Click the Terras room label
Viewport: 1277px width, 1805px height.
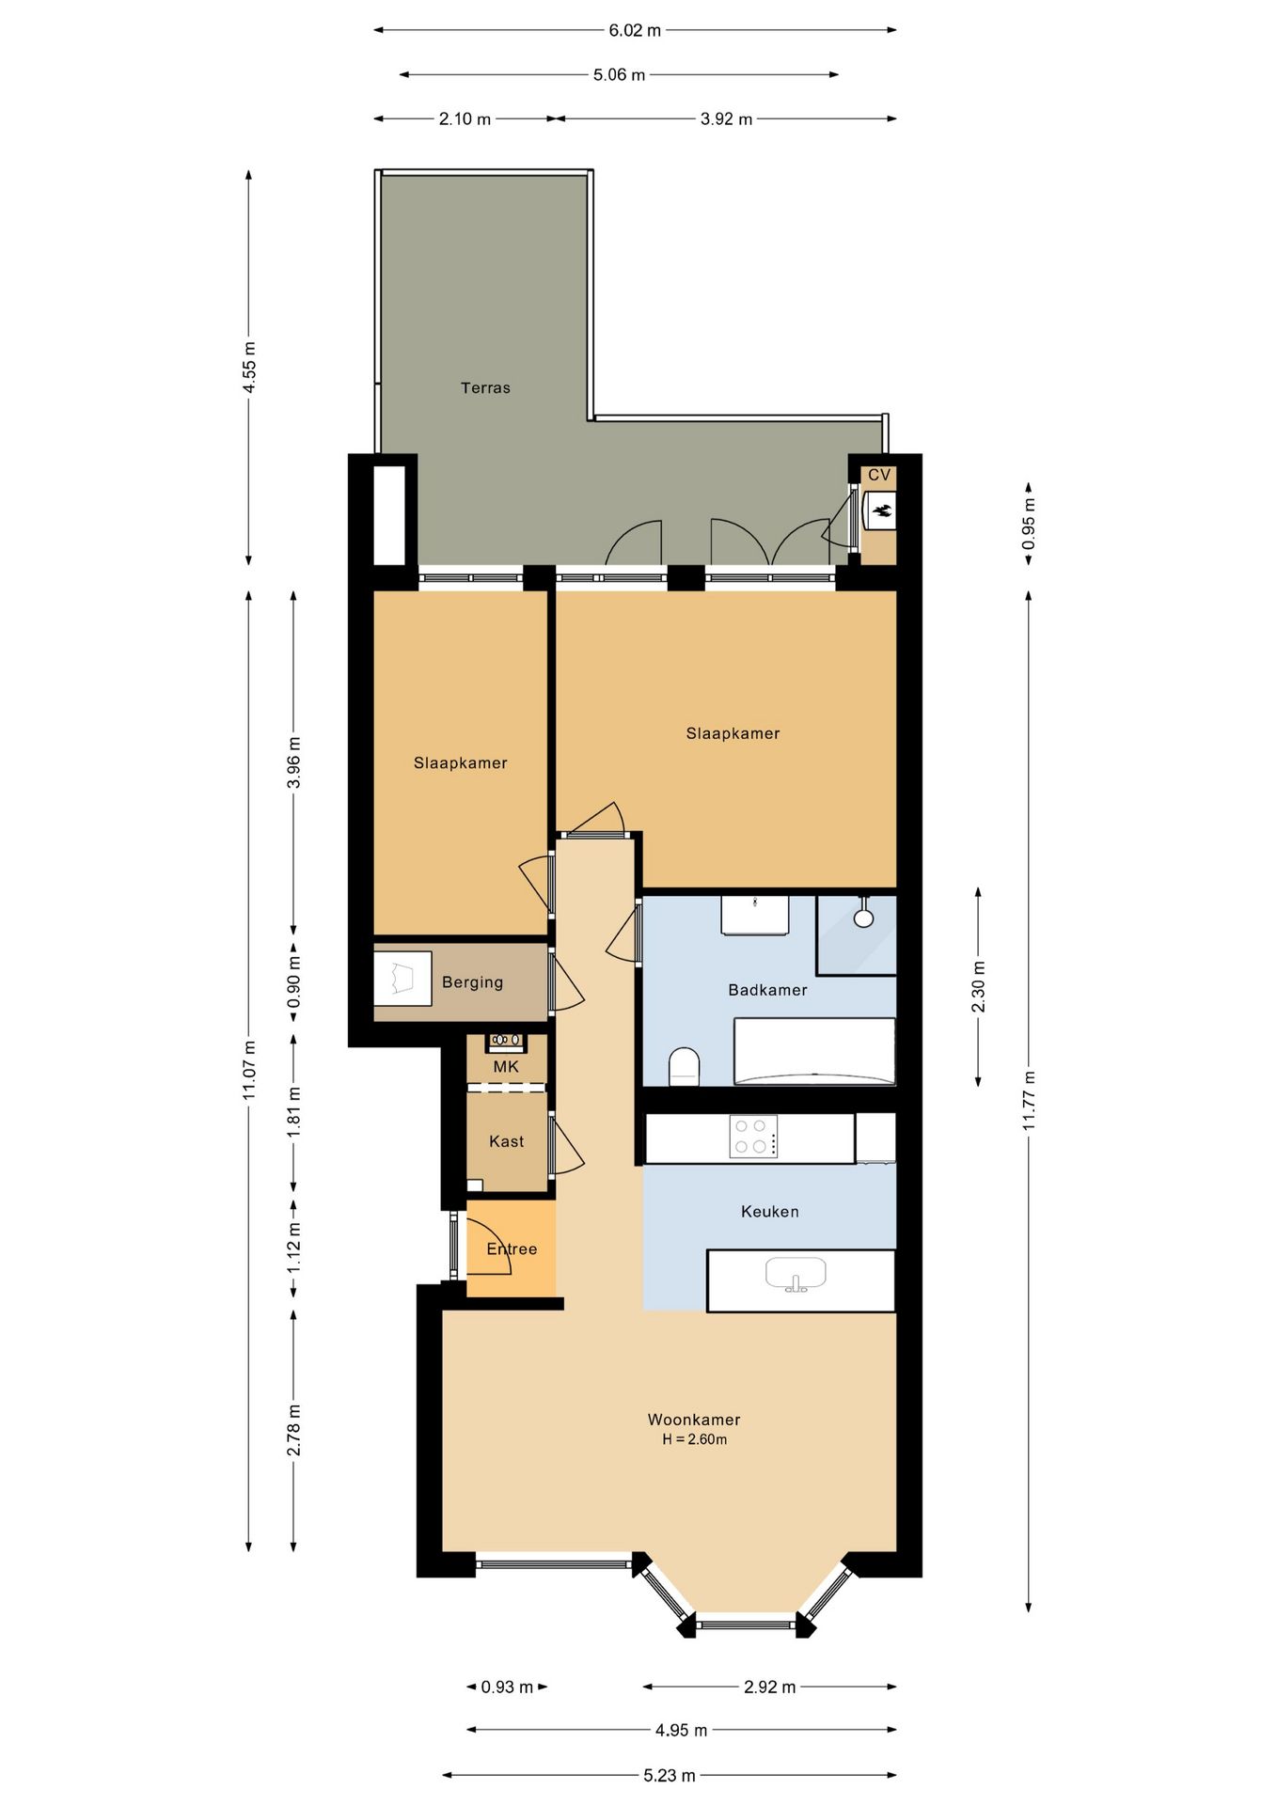point(485,387)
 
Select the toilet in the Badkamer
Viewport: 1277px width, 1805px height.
point(685,1067)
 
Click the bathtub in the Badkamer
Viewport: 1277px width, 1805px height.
point(814,1052)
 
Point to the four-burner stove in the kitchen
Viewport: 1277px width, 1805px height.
point(754,1137)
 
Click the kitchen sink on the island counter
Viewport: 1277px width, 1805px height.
point(796,1276)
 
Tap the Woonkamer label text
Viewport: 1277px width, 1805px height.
point(694,1420)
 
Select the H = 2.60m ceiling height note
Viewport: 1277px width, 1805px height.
point(695,1439)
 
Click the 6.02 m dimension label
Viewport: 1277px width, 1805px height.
point(635,30)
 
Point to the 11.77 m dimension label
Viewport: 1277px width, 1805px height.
point(1030,1101)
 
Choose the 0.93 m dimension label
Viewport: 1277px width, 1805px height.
point(508,1687)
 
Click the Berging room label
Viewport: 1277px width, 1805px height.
point(473,982)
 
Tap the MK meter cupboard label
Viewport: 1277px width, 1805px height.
point(506,1067)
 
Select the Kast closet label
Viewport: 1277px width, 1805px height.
point(507,1141)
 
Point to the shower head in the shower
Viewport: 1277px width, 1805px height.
point(863,917)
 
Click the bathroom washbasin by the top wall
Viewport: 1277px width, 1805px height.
point(755,915)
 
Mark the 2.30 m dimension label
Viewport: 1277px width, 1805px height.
point(979,987)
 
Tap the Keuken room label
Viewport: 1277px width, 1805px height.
point(770,1212)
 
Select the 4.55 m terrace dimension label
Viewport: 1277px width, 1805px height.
point(249,368)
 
